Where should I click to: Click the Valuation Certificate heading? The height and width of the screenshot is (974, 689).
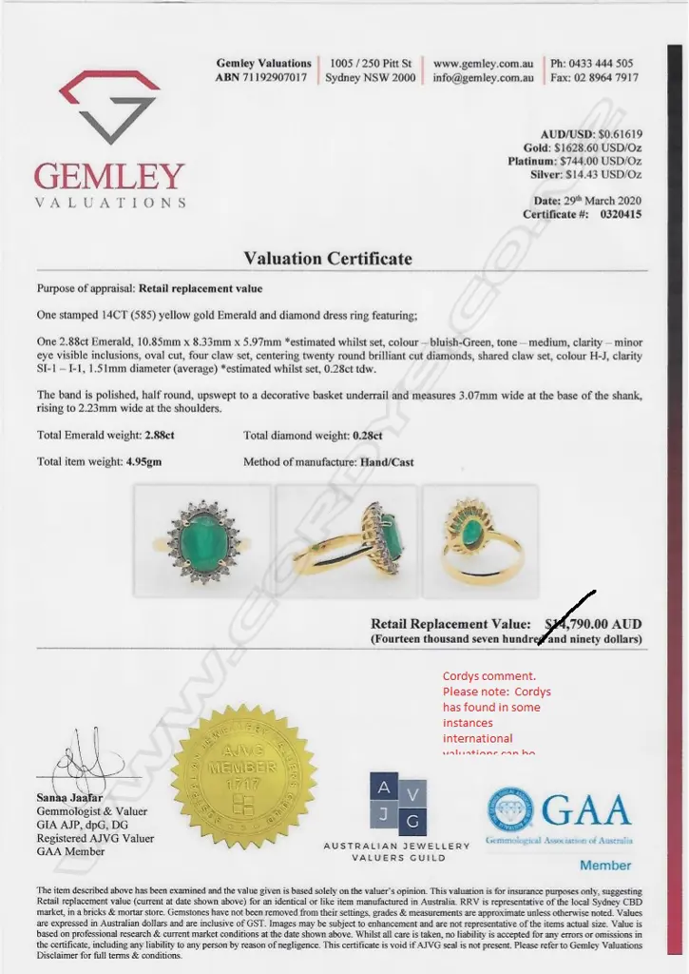pyautogui.click(x=328, y=259)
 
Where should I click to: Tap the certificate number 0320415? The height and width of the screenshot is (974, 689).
pyautogui.click(x=620, y=215)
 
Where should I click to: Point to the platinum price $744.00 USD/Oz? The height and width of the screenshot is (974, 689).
pyautogui.click(x=601, y=162)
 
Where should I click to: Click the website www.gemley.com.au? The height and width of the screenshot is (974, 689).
pyautogui.click(x=483, y=64)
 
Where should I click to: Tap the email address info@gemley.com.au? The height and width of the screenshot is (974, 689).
pyautogui.click(x=483, y=78)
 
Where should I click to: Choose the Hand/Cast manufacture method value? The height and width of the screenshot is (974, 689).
pyautogui.click(x=387, y=462)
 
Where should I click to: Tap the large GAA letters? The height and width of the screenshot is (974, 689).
pyautogui.click(x=586, y=810)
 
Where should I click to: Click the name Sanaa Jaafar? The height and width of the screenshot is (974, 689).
pyautogui.click(x=70, y=797)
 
